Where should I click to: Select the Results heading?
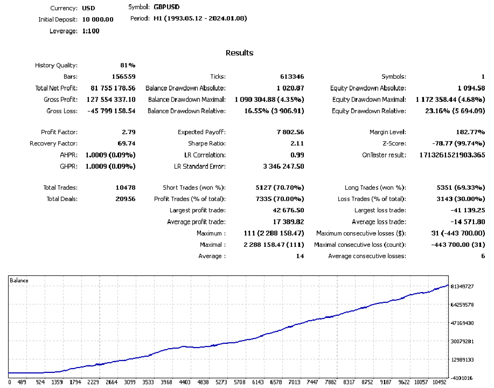(239, 53)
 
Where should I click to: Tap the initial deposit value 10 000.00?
(98, 19)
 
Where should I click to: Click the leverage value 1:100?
(91, 31)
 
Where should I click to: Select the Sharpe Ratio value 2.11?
(297, 143)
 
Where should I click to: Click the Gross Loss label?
(62, 110)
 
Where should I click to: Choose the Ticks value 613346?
(292, 77)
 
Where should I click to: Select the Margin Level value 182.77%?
(467, 132)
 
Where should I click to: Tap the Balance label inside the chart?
(19, 280)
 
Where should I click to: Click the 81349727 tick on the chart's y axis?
(462, 286)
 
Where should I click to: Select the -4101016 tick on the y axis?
(462, 378)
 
